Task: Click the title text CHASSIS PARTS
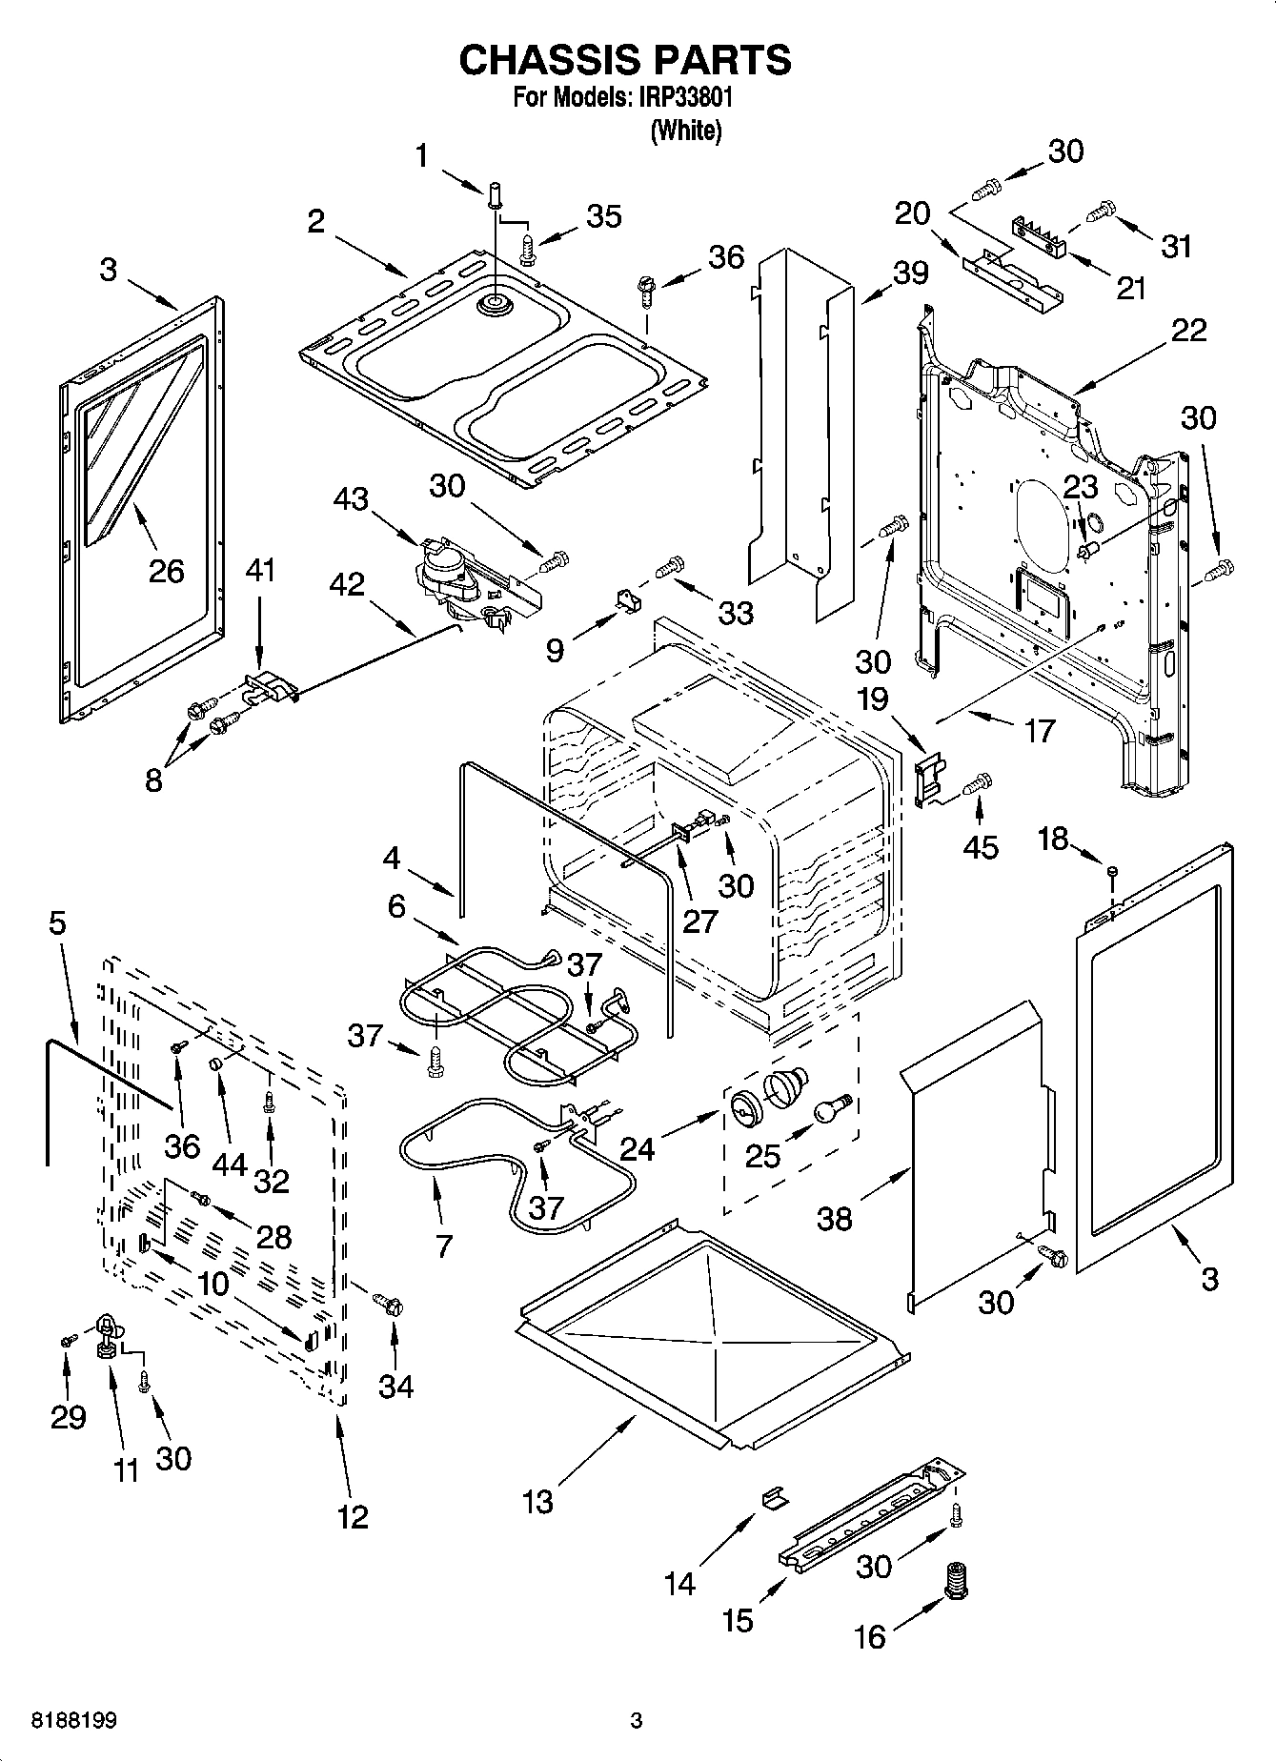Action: (624, 59)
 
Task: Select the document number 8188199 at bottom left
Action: (74, 1721)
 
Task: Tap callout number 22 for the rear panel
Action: (1188, 330)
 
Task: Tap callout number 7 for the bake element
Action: (443, 1245)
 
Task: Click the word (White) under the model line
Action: (685, 131)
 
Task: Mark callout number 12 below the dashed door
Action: (352, 1515)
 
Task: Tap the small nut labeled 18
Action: (1112, 870)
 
